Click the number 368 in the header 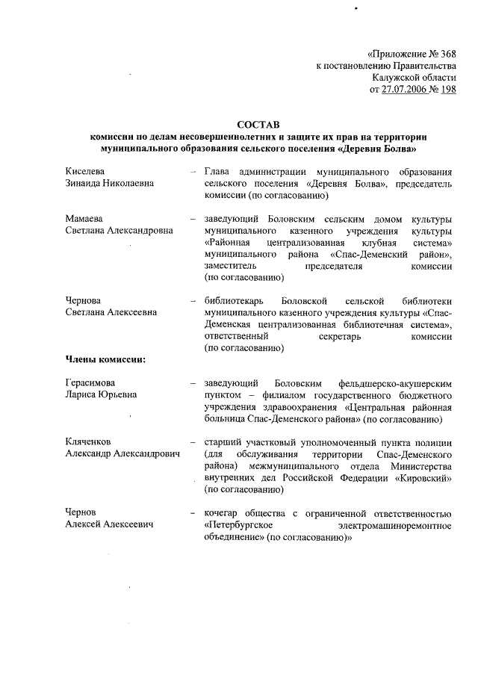tap(443, 55)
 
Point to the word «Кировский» tap(424, 477)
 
